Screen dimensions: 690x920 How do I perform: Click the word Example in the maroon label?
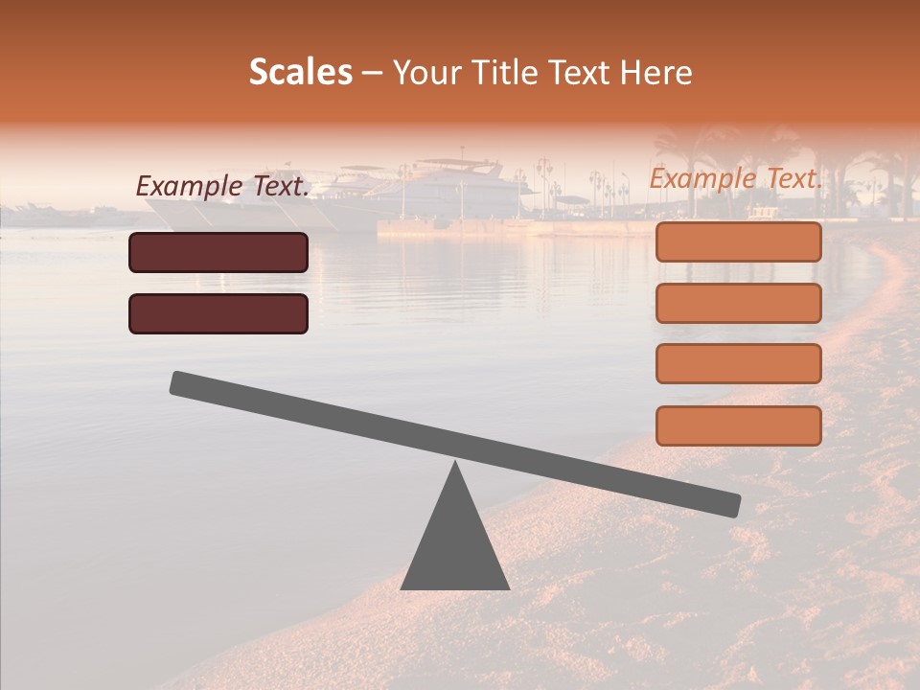[x=189, y=188]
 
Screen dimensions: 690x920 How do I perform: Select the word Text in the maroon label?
[x=281, y=188]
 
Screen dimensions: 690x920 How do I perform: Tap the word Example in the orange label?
[x=702, y=179]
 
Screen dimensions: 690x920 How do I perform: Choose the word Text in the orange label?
[x=794, y=179]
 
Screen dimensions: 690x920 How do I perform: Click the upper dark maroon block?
[x=218, y=252]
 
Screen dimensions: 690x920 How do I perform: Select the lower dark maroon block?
[x=218, y=313]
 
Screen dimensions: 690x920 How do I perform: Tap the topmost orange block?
[x=738, y=241]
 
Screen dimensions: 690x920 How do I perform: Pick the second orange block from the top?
[x=738, y=303]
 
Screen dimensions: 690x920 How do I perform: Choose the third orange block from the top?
[x=738, y=364]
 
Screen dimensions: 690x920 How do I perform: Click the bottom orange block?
[x=738, y=425]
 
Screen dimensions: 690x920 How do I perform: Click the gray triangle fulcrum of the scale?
[x=455, y=546]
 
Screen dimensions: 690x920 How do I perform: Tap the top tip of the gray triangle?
[x=455, y=464]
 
